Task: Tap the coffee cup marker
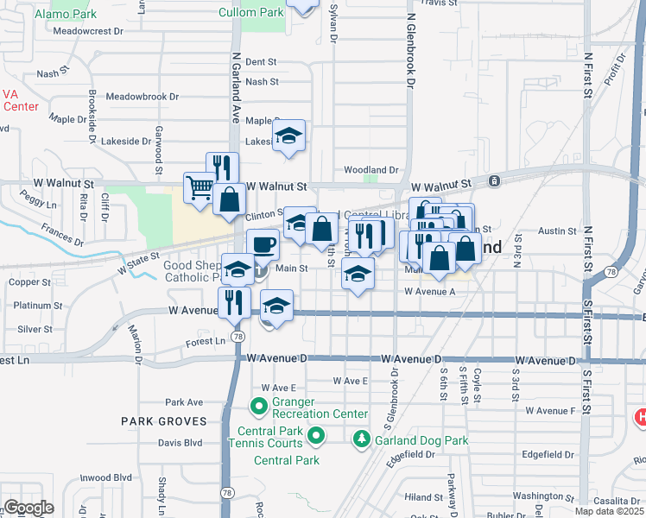coord(263,244)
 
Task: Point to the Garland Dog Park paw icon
coord(360,440)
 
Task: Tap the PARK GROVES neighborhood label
coord(164,421)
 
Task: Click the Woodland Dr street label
coord(370,170)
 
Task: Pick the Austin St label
coord(557,231)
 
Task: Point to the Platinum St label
coord(37,306)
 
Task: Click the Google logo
coord(28,508)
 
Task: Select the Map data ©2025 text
coord(609,511)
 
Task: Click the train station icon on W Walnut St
coord(493,181)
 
